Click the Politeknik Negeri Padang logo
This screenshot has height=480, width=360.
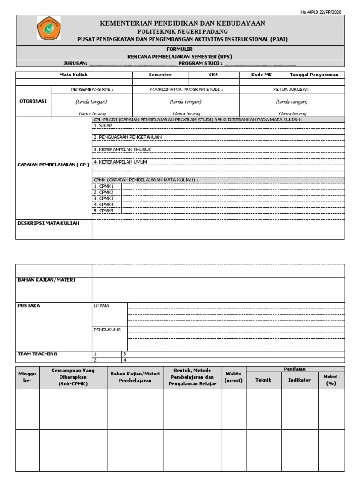pyautogui.click(x=49, y=29)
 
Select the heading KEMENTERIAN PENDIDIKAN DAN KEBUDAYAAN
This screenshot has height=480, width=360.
pyautogui.click(x=183, y=22)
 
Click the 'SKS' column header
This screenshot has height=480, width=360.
pyautogui.click(x=213, y=75)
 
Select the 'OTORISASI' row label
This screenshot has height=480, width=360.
pyautogui.click(x=32, y=101)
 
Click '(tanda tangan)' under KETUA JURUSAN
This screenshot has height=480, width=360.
pyautogui.click(x=292, y=101)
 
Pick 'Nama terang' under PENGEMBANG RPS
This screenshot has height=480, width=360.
pyautogui.click(x=91, y=113)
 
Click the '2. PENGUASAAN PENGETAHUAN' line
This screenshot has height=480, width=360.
pyautogui.click(x=125, y=137)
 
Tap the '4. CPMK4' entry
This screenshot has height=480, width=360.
pyautogui.click(x=104, y=204)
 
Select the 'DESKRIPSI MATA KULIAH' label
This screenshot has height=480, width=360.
pyautogui.click(x=48, y=223)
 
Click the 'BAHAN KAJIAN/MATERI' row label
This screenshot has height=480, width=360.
pyautogui.click(x=46, y=280)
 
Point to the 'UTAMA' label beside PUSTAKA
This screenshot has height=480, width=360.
pyautogui.click(x=101, y=306)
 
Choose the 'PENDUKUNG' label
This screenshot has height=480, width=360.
pyautogui.click(x=107, y=330)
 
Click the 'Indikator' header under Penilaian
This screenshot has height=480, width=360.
pyautogui.click(x=299, y=380)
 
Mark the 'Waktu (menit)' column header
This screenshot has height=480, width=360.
pyautogui.click(x=233, y=377)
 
